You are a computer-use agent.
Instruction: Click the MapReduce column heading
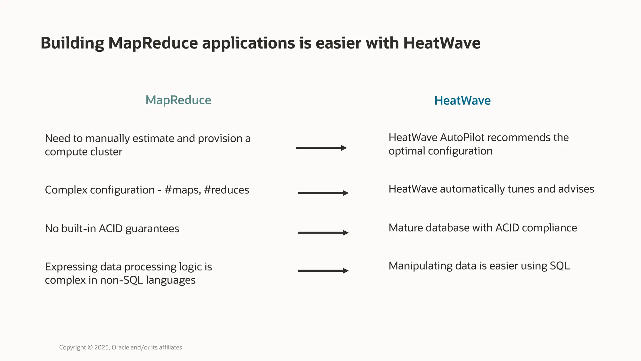[178, 100]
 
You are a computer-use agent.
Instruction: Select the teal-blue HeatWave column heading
[462, 101]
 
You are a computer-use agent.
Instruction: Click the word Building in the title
[72, 43]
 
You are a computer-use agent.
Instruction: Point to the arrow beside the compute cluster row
[321, 148]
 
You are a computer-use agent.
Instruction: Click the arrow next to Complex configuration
[323, 193]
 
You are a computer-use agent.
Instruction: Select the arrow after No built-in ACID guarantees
[323, 233]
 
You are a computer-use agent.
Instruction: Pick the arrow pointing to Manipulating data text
[323, 271]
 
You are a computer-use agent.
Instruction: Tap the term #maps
[182, 190]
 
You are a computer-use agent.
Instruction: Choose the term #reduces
[226, 190]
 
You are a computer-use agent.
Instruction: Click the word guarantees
[152, 229]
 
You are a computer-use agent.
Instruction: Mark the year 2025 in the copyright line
[102, 348]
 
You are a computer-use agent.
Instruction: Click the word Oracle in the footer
[120, 348]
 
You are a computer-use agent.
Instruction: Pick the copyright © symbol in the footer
[90, 348]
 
